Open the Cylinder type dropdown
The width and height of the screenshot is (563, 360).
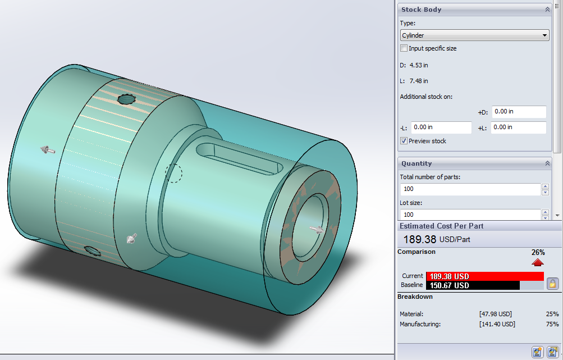474,35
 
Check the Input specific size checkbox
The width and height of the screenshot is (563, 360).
404,48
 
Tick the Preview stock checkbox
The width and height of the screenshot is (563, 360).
404,141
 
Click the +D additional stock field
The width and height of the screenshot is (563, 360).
518,112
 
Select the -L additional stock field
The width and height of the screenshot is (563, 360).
441,127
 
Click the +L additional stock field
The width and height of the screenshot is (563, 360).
518,127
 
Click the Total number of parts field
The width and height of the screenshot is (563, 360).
469,189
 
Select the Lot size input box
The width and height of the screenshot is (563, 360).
469,215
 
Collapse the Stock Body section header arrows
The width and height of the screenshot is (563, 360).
547,10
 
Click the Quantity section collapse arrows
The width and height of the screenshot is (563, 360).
547,163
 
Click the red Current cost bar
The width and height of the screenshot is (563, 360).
484,276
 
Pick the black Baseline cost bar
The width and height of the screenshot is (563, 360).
473,285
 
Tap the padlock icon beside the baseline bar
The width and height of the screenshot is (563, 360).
552,283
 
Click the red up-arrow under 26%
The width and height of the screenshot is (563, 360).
538,262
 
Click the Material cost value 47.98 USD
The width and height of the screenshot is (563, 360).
495,314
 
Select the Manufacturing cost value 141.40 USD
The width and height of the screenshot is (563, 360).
497,324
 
